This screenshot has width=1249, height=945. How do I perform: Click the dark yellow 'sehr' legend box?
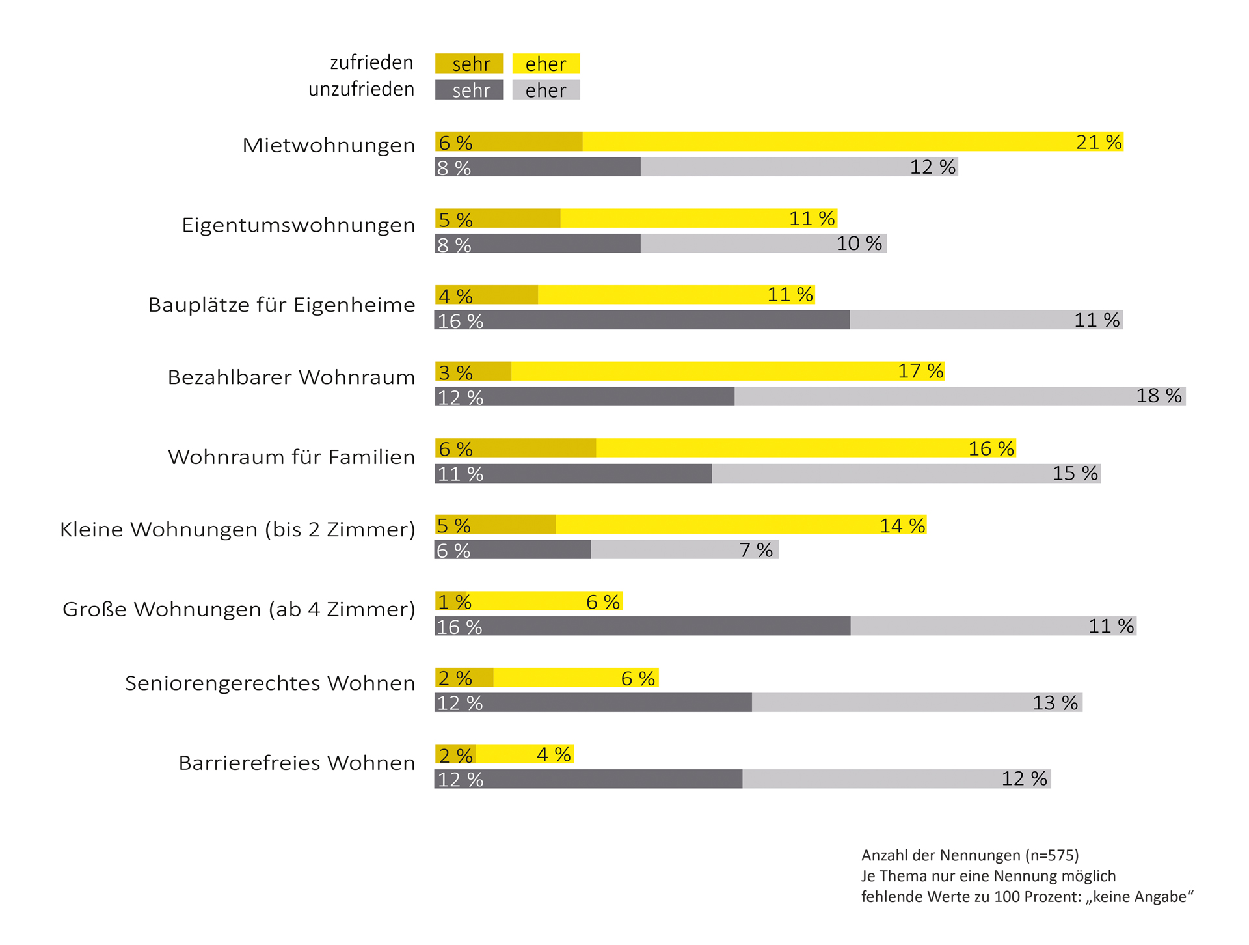pos(469,64)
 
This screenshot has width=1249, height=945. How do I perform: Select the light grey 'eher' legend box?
pos(546,90)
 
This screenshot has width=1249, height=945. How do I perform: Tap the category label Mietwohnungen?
pos(329,144)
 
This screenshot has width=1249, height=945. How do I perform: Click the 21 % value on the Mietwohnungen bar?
pos(1099,142)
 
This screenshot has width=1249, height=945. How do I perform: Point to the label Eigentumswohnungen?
pos(298,225)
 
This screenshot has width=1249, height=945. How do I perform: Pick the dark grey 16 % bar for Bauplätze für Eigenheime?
pos(642,320)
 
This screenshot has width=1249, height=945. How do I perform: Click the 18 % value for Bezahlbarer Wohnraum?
pos(1159,396)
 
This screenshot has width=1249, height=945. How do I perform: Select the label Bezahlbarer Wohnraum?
pos(291,377)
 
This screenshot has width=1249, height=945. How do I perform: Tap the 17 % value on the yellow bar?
pos(920,371)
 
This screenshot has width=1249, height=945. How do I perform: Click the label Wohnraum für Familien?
pos(291,457)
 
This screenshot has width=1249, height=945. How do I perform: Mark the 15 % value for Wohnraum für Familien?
pos(1075,473)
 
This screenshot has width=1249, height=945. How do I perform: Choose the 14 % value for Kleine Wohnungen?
pos(902,525)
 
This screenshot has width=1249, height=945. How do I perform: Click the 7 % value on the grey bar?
pos(756,550)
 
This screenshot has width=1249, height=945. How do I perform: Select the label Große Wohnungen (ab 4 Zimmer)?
pos(238,609)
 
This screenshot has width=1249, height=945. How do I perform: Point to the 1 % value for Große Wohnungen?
pos(454,601)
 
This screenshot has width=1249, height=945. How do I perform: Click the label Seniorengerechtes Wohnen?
pos(269,683)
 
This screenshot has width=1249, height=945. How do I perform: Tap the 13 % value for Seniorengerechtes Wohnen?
pos(1055,703)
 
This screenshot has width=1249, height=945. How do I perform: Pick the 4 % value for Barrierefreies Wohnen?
pos(554,754)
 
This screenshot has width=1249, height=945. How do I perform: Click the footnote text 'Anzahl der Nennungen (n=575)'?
pos(970,855)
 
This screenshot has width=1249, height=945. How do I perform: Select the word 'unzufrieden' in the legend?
pos(361,89)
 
